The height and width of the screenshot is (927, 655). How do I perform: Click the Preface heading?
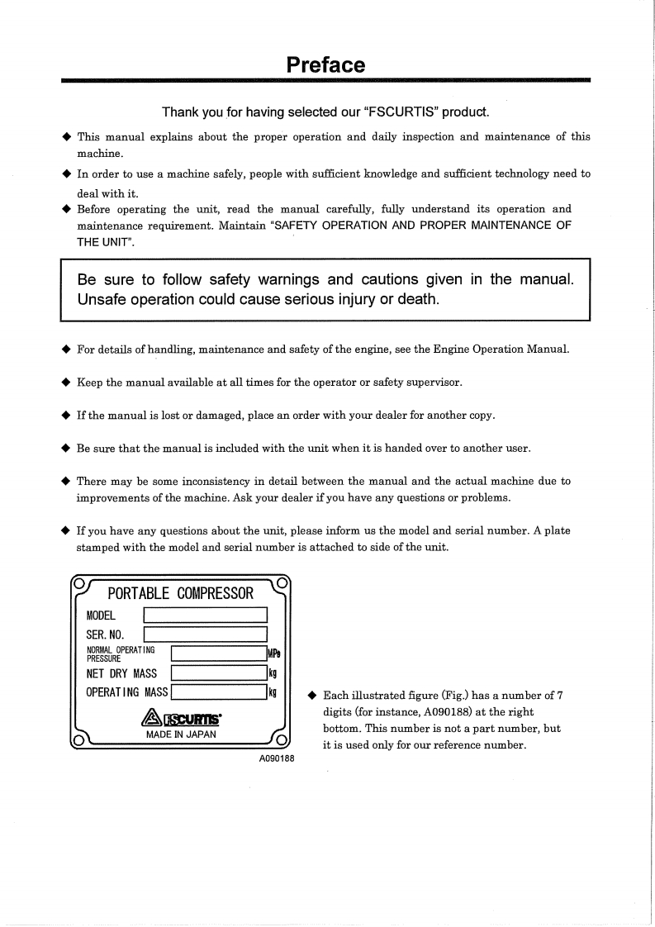click(325, 64)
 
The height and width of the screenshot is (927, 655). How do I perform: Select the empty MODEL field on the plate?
click(206, 615)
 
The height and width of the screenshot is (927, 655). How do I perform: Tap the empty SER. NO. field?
click(206, 635)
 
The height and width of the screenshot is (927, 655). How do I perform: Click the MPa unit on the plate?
click(273, 654)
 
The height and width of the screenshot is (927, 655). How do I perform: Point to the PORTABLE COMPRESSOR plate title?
click(181, 593)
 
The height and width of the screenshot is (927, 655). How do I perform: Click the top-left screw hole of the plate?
click(78, 582)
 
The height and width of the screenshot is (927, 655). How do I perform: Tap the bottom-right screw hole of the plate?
click(282, 739)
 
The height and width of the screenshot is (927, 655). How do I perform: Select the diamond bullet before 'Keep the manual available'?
click(66, 383)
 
